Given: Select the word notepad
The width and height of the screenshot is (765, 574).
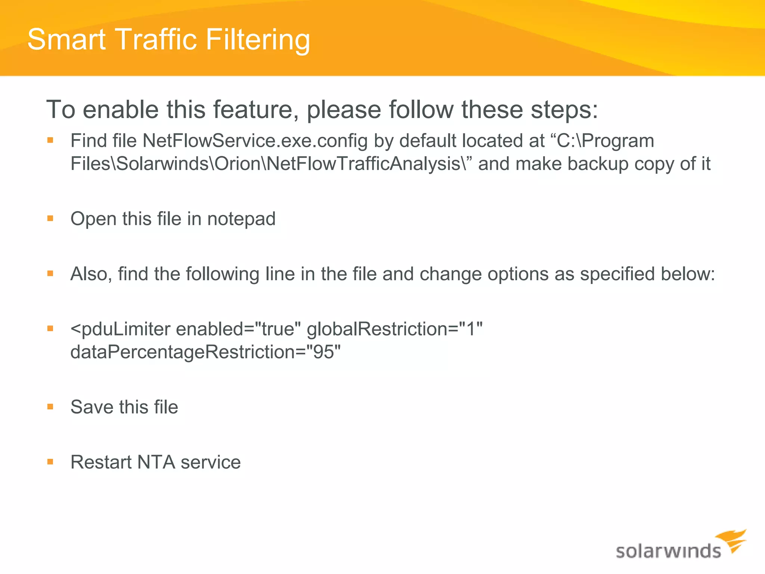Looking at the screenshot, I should (x=241, y=219).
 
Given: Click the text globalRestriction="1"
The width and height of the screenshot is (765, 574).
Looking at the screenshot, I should (x=394, y=329).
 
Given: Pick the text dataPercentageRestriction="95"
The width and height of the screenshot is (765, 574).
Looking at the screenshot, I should (x=205, y=352).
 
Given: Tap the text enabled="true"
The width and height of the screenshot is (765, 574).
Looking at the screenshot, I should (x=238, y=329).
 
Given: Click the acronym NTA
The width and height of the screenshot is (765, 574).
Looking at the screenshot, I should (x=156, y=462).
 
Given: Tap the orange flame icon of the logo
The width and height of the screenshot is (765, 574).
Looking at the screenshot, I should (x=732, y=540).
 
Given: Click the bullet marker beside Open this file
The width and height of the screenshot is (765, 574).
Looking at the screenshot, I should (x=50, y=218).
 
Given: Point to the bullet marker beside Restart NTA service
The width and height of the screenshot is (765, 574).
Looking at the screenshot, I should (x=50, y=462).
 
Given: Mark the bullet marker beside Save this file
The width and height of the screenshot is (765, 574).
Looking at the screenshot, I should (x=50, y=407).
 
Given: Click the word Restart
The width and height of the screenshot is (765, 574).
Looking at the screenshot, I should (x=101, y=462).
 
